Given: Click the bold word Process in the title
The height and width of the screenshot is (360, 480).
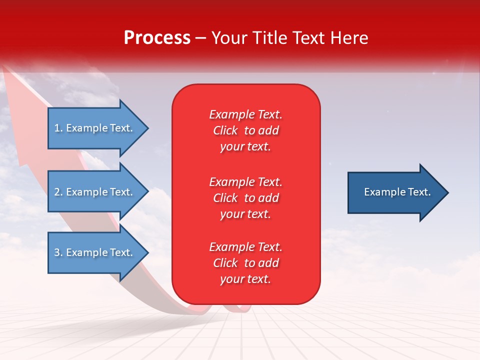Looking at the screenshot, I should click(157, 38).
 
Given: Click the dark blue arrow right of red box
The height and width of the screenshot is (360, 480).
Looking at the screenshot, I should click(395, 192).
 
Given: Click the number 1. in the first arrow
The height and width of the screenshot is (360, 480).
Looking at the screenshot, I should click(58, 128).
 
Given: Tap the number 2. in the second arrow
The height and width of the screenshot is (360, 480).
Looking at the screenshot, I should click(58, 192).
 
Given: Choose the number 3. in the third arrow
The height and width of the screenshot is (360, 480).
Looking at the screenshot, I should click(58, 252).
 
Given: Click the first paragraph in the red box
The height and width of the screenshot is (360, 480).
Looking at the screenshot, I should click(245, 130).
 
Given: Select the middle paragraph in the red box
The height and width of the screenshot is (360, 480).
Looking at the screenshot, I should click(245, 198).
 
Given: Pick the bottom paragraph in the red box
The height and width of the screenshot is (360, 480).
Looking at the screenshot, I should click(245, 263).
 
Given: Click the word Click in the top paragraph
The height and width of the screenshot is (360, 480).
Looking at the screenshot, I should click(225, 130).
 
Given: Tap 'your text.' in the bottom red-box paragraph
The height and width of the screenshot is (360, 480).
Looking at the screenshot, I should click(245, 279).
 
